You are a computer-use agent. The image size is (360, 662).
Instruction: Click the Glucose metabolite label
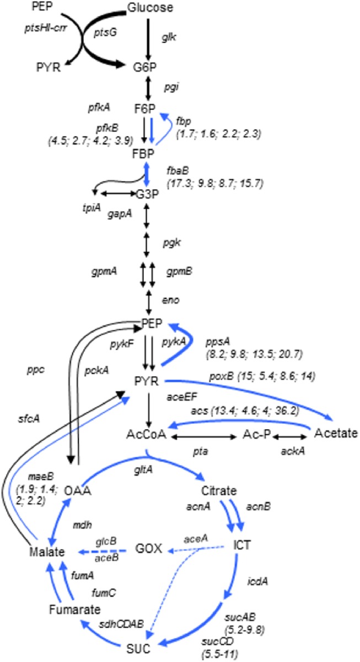150,8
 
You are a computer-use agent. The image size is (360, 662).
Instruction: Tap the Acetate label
336,433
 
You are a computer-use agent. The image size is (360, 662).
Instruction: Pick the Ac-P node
257,436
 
